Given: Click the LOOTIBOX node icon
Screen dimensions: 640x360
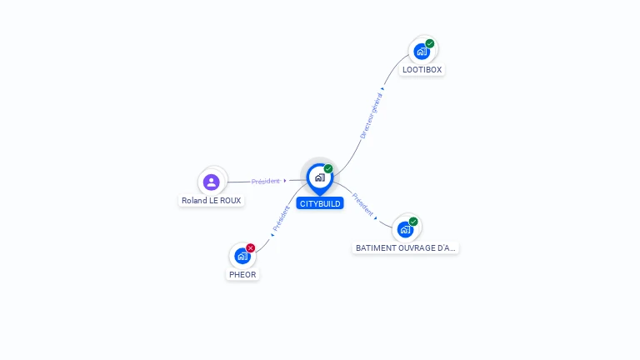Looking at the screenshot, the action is click(422, 52).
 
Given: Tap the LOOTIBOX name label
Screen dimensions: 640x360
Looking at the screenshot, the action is click(422, 70).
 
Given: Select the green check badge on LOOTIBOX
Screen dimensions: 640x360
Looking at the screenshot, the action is click(430, 43).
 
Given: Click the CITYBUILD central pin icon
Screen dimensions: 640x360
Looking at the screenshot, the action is click(319, 177).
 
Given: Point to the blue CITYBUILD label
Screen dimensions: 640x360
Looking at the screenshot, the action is click(319, 203).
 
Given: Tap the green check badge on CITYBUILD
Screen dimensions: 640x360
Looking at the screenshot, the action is click(328, 168).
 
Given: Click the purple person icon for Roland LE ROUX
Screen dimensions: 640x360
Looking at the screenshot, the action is click(212, 182).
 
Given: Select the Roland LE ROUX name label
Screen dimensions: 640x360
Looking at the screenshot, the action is click(212, 201).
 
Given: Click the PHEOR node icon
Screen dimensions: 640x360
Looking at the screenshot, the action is click(242, 256).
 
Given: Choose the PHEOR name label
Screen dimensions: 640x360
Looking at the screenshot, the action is click(242, 274).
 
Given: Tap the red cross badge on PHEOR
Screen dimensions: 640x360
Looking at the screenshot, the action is click(250, 247).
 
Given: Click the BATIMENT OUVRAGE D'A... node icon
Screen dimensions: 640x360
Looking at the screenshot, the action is click(405, 229).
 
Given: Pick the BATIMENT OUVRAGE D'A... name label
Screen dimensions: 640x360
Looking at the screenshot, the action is click(406, 248).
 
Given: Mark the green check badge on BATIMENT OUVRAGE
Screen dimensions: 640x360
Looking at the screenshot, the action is click(413, 222).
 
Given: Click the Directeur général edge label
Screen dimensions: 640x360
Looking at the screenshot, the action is click(371, 116).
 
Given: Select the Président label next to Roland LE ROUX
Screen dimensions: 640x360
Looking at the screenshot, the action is click(266, 181).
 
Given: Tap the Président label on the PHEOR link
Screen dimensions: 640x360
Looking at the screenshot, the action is click(282, 218).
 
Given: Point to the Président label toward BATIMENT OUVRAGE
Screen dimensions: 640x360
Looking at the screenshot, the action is click(362, 203).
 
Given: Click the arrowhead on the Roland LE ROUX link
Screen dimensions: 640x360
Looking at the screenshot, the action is click(285, 180).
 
